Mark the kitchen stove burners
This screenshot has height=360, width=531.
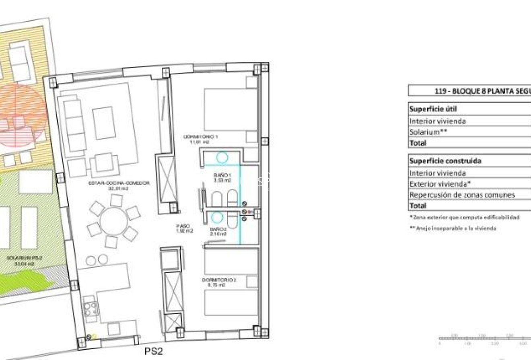tap(91, 309)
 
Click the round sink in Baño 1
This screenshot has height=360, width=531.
tap(222, 157)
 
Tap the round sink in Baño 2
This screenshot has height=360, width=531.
tap(216, 218)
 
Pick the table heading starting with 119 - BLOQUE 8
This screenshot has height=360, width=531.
tap(482, 91)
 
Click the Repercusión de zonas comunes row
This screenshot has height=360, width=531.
tap(462, 195)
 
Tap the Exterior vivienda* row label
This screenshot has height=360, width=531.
tap(440, 184)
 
